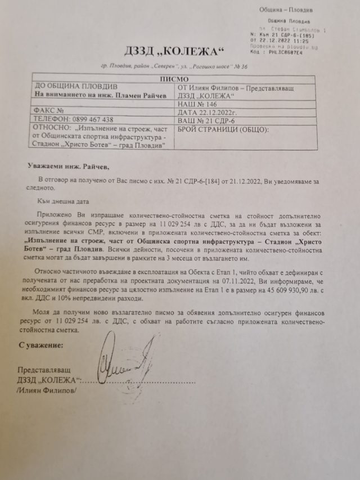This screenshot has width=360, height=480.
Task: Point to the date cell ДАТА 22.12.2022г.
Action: click(x=211, y=111)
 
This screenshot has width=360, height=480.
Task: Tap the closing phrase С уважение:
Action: click(x=40, y=343)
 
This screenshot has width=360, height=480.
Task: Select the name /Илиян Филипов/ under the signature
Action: click(x=46, y=391)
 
